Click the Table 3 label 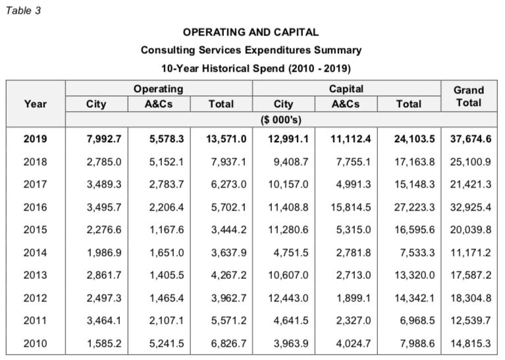pyautogui.click(x=23, y=11)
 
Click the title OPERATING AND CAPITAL pyautogui.click(x=251, y=32)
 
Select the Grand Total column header pyautogui.click(x=469, y=96)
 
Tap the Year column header pyautogui.click(x=36, y=104)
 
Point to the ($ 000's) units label pyautogui.click(x=281, y=120)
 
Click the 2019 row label pyautogui.click(x=35, y=139)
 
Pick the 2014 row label pyautogui.click(x=35, y=253)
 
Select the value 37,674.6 pyautogui.click(x=471, y=139)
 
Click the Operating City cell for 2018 pyautogui.click(x=104, y=162)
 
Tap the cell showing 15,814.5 pyautogui.click(x=351, y=207)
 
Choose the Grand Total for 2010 pyautogui.click(x=471, y=344)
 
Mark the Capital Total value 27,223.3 pyautogui.click(x=415, y=207)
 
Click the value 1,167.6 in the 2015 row pyautogui.click(x=167, y=230)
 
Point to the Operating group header pyautogui.click(x=159, y=89)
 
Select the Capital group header pyautogui.click(x=346, y=89)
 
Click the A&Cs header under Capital pyautogui.click(x=346, y=104)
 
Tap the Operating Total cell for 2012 pyautogui.click(x=228, y=298)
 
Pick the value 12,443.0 pyautogui.click(x=288, y=298)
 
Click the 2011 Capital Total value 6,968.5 pyautogui.click(x=417, y=321)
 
